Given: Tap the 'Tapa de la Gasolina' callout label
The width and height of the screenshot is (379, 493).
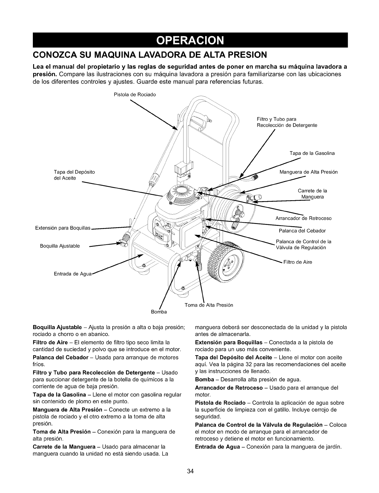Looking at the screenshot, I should pos(312,153).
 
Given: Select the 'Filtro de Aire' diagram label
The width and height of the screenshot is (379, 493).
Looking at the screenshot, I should pos(298,262).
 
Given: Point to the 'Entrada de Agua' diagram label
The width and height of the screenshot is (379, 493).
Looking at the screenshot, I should pos(73,274).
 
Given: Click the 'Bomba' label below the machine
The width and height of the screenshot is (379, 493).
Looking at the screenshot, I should pos(159,312).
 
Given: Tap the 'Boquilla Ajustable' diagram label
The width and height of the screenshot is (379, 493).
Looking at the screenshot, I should pos(60,246).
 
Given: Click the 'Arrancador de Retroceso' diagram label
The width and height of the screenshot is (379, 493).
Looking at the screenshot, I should pos(303,218).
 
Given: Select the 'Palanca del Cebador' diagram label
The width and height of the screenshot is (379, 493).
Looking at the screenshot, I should pos(302,231).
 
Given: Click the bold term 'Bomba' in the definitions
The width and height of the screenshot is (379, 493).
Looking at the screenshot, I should pos(204,380).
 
